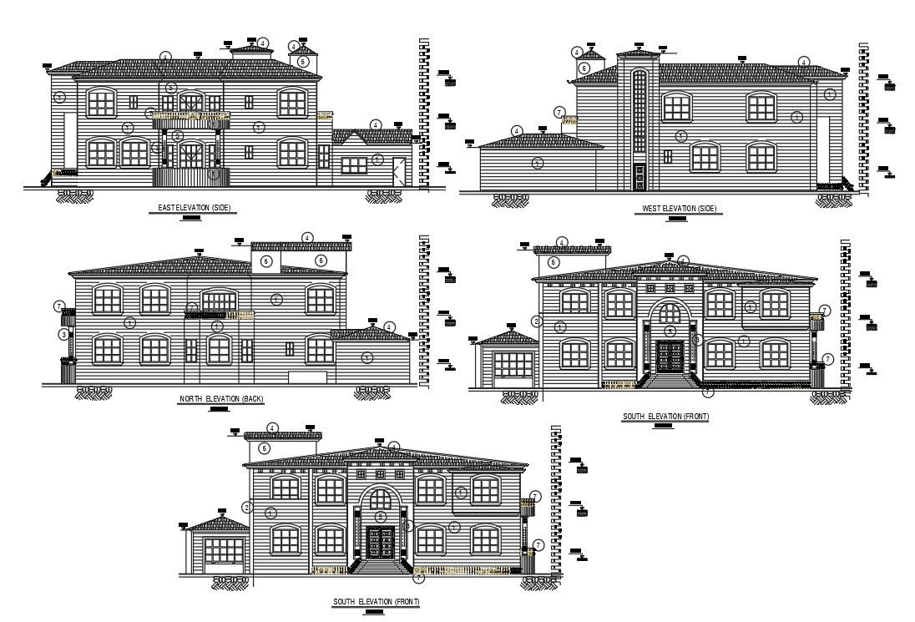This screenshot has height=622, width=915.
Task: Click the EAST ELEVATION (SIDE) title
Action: [x=194, y=207]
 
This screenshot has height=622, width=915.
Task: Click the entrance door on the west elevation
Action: [x=639, y=175]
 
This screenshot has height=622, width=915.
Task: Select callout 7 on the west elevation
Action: [x=559, y=112]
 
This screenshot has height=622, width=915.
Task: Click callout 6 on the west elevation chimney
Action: [x=584, y=68]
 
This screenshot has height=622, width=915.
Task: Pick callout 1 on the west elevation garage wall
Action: [x=537, y=161]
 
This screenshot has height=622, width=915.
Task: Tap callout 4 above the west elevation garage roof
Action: [x=517, y=131]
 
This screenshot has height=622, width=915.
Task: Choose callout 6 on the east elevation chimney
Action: [x=304, y=61]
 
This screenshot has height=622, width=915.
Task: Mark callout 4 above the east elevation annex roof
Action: [x=376, y=125]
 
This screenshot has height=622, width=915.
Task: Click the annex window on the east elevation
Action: [x=353, y=165]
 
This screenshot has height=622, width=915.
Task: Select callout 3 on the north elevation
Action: [x=63, y=335]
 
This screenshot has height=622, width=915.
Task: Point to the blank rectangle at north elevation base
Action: [x=307, y=377]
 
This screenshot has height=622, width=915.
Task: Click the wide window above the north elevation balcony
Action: [x=219, y=301]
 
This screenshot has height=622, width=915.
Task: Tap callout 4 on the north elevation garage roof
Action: [x=389, y=326]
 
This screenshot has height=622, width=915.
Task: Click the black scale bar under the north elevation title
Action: [x=220, y=409]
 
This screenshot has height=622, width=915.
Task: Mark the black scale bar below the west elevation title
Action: [x=677, y=219]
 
